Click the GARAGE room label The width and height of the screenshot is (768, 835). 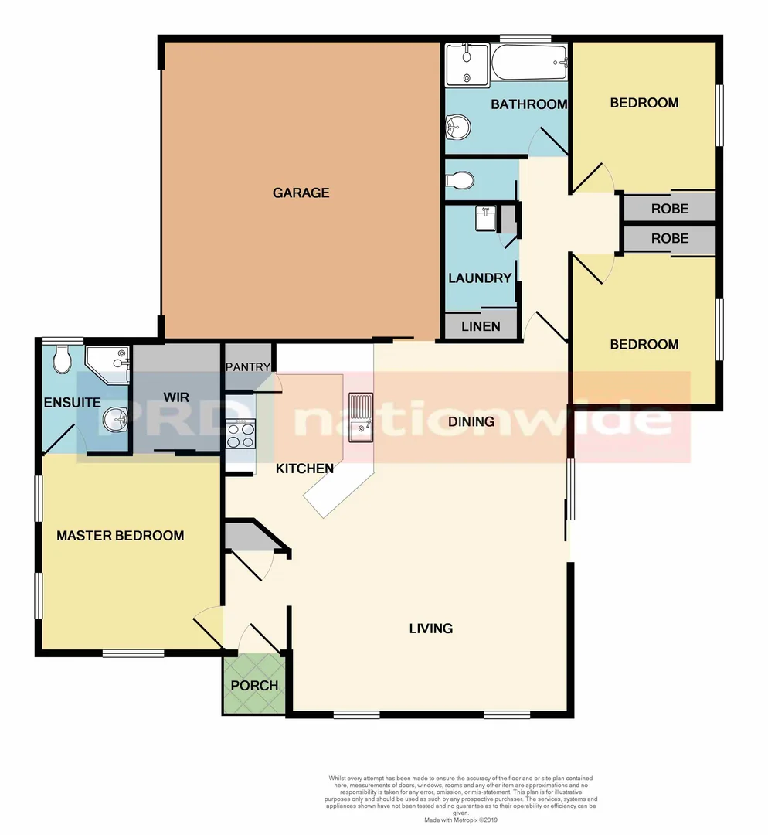tap(301, 193)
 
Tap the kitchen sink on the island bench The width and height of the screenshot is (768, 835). tap(361, 417)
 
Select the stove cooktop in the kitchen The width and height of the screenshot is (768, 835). tap(240, 433)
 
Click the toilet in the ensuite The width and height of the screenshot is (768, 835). tap(63, 360)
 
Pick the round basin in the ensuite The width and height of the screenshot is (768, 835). tap(115, 419)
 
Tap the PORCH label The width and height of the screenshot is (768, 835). tap(254, 685)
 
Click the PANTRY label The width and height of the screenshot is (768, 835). tap(248, 367)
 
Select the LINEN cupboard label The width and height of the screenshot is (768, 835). tap(481, 326)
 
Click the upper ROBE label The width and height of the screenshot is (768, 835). tap(669, 209)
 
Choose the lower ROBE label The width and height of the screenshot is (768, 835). tap(669, 238)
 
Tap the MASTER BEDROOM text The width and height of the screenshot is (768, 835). tap(121, 535)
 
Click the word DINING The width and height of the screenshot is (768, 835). tap(471, 421)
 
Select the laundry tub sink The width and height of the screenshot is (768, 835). tap(484, 218)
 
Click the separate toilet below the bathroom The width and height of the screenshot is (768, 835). tap(460, 181)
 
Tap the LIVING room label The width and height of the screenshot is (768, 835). tap(430, 628)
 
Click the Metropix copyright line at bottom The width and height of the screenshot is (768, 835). tap(460, 819)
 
